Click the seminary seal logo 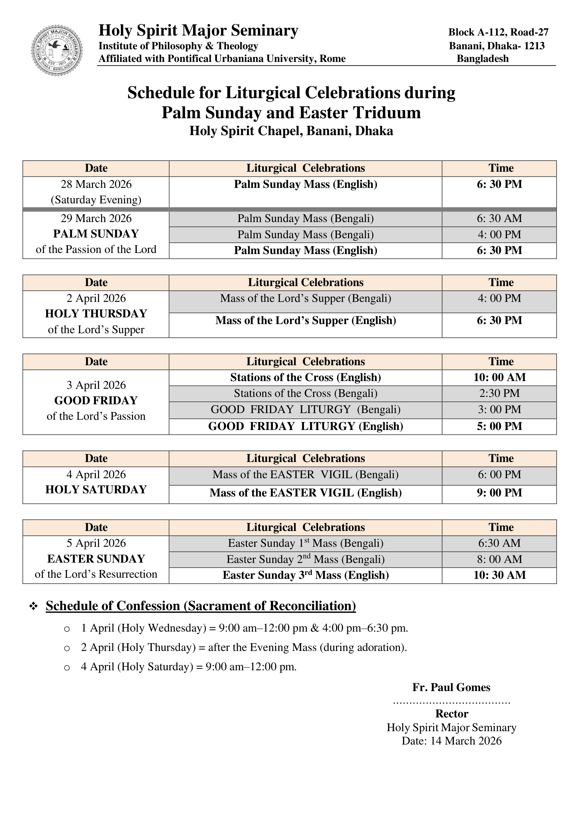pos(57,50)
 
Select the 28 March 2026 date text pos(96,184)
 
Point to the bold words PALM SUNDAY pos(96,234)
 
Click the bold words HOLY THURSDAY pos(96,314)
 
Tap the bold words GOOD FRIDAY pos(96,400)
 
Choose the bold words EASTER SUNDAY pos(96,559)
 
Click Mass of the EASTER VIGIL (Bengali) pos(305,474)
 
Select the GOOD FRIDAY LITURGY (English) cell pos(305,426)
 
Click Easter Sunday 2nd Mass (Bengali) pos(305,559)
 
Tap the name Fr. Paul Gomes pos(451,688)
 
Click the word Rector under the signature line pos(451,714)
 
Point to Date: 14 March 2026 pos(451,741)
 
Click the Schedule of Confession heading pos(200,606)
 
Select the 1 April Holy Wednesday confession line pos(244,628)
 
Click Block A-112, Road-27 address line pos(498,32)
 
